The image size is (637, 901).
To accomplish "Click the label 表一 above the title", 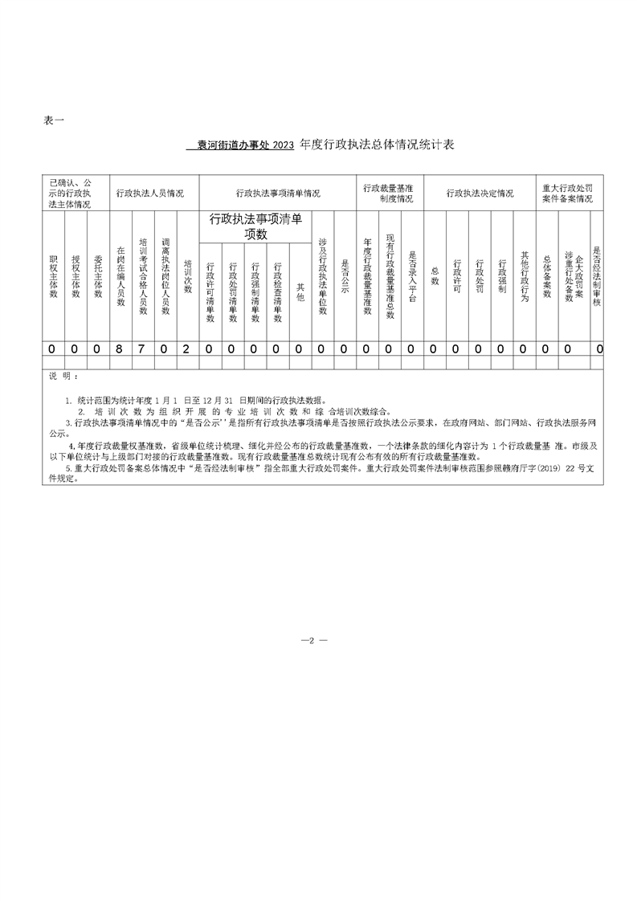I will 54,120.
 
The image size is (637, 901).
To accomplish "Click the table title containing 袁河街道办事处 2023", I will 320,145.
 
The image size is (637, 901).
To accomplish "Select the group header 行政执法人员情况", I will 150,194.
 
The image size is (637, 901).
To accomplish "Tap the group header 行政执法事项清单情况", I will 278,194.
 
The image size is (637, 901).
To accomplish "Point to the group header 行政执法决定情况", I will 480,194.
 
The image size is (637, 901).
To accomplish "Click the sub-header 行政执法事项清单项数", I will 255,226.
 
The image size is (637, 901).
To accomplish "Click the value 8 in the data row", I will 120,349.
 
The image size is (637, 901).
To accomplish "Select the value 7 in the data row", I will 142,349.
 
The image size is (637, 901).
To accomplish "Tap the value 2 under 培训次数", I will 186,349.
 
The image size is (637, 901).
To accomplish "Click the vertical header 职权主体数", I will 53,277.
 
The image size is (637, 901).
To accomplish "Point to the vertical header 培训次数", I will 187,278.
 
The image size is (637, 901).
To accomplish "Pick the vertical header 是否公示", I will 345,278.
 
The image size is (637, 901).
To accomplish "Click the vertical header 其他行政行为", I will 525,277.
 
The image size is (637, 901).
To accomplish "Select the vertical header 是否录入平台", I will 412,278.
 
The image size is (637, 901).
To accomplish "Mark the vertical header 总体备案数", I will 547,277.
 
